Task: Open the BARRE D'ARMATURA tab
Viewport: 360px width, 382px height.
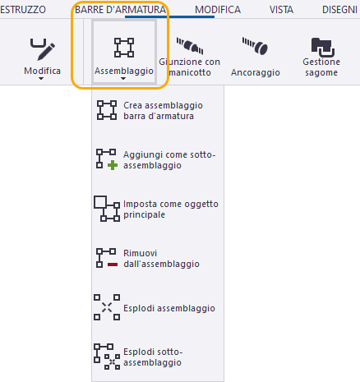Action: tap(121, 10)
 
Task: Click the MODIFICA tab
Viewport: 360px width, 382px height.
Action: tap(218, 10)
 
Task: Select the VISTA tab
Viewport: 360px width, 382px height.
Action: tap(281, 10)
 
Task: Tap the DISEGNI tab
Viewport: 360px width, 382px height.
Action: tap(339, 10)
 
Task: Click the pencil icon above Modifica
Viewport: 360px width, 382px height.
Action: tap(43, 49)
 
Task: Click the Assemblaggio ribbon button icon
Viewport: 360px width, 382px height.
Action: tap(124, 48)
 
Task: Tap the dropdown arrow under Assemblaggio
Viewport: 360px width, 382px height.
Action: tap(123, 79)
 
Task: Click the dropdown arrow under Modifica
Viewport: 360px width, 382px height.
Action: tap(41, 79)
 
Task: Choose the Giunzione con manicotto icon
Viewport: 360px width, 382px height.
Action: tap(190, 45)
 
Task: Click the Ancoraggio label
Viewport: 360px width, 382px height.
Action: tap(256, 72)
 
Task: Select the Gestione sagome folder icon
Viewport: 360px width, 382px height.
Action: tap(323, 48)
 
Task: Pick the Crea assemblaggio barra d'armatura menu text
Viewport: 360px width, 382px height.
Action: tap(163, 111)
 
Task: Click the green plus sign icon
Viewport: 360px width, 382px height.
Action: tap(113, 165)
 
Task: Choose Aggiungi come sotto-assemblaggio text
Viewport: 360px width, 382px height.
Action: tap(169, 160)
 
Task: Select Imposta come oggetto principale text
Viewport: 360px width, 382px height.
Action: tap(171, 209)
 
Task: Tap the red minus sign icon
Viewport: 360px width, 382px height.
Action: tap(113, 265)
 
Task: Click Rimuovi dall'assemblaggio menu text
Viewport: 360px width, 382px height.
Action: tap(161, 259)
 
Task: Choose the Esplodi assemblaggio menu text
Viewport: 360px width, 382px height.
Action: tap(169, 308)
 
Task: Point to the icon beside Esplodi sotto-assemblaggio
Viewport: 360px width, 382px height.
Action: tap(107, 357)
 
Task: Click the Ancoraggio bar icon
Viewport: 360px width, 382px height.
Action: tap(255, 46)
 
